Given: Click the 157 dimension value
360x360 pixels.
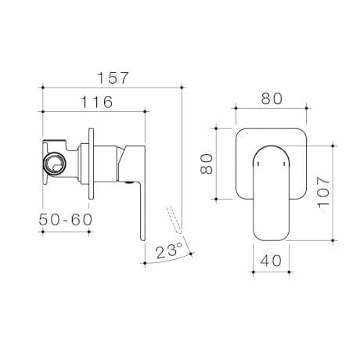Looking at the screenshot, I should point(113,78).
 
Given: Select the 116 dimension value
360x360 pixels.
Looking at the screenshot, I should point(96,103).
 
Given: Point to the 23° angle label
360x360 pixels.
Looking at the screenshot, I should point(168,251).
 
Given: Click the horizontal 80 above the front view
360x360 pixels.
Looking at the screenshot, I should point(271,99).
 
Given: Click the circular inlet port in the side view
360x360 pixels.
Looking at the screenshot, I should point(55,164).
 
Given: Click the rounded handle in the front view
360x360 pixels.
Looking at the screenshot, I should point(270,192).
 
